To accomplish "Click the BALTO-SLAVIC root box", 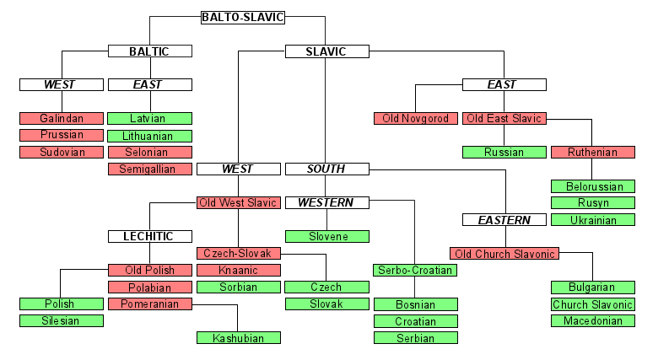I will click(x=243, y=17).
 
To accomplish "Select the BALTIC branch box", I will click(x=149, y=51).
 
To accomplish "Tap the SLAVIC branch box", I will click(x=326, y=51).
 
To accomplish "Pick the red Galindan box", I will click(x=62, y=119).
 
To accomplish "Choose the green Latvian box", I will click(x=149, y=119).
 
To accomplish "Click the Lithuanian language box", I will click(x=149, y=136).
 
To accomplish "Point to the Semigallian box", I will click(x=149, y=169).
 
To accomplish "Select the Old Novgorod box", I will click(x=416, y=119).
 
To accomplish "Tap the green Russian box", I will click(x=504, y=153).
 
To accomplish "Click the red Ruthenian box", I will click(x=592, y=153).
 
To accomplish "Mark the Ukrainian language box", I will click(x=592, y=220).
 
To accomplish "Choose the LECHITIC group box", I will click(x=149, y=237).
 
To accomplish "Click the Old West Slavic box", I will click(x=238, y=203).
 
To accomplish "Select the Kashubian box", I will click(x=238, y=338).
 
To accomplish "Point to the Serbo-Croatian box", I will click(x=416, y=271).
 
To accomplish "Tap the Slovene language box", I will click(x=326, y=237).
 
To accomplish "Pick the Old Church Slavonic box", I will click(x=504, y=254).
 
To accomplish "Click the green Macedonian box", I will click(x=592, y=321).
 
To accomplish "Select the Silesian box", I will click(x=62, y=321).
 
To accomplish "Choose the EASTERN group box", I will click(x=504, y=220).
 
